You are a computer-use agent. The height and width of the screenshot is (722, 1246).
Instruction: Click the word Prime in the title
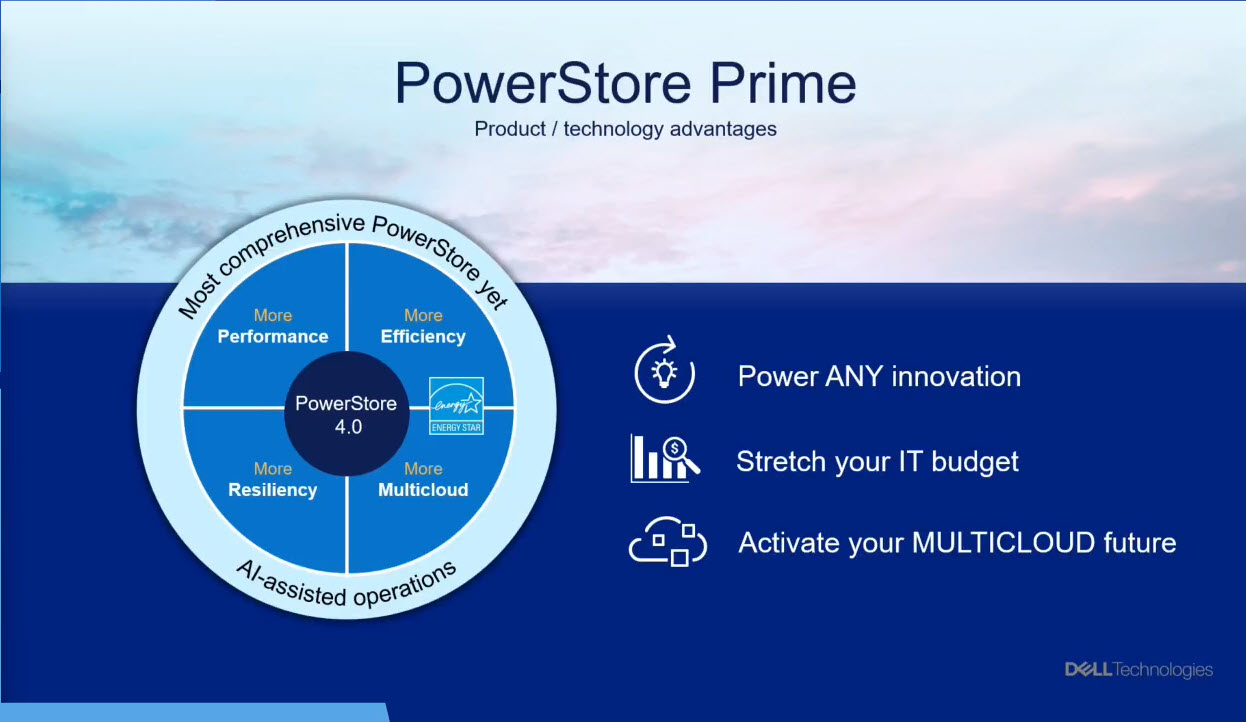783,83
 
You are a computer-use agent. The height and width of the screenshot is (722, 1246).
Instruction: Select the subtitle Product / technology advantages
625,129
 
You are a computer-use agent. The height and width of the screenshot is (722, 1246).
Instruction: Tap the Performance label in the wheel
273,337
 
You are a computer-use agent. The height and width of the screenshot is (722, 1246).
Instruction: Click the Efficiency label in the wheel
423,337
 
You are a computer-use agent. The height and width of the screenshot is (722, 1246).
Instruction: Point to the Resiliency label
273,489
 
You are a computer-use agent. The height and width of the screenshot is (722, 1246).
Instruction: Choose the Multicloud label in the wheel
423,489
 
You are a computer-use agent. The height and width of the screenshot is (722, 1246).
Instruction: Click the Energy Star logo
456,406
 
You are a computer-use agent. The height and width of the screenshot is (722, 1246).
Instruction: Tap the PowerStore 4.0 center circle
347,414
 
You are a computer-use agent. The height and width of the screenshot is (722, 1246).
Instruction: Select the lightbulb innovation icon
664,370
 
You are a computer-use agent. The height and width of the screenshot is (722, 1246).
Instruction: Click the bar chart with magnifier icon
665,458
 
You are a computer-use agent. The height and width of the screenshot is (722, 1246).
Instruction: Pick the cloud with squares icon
668,541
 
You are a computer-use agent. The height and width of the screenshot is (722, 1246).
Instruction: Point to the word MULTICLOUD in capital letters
1003,543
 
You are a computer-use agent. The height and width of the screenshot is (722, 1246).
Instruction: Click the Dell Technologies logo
1139,669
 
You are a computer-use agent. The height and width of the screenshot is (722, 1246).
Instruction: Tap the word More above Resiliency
273,469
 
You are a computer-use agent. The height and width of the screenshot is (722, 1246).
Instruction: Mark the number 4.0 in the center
348,427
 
